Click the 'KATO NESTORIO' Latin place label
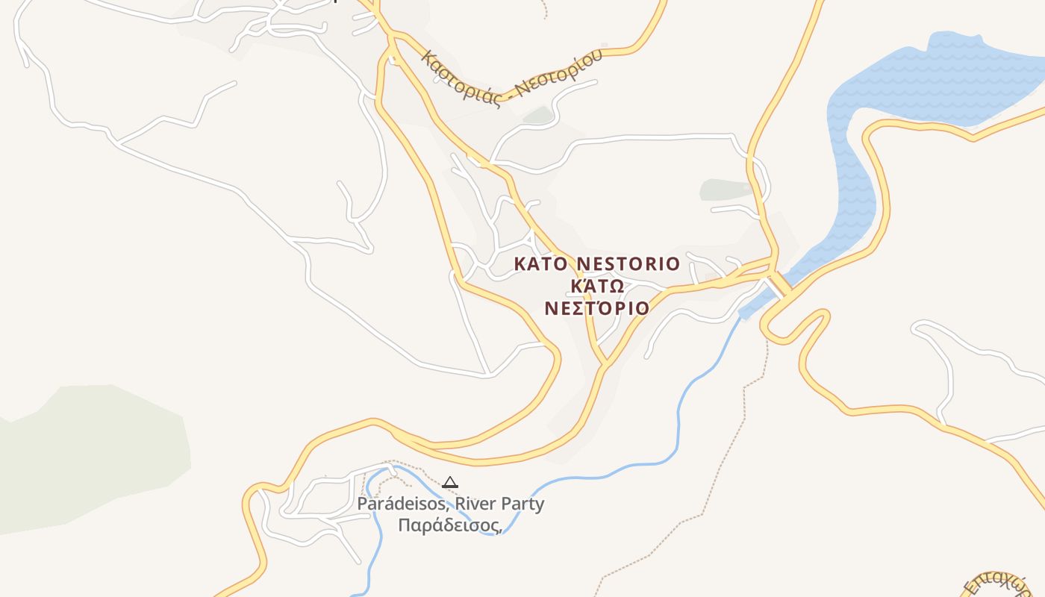click(x=597, y=264)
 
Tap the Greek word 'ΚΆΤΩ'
click(x=596, y=287)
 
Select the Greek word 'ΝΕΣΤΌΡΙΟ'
click(x=596, y=308)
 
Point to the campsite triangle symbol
click(x=449, y=483)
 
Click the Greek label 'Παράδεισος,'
click(x=449, y=525)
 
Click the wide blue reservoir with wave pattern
click(x=940, y=82)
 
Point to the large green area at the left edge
click(x=90, y=455)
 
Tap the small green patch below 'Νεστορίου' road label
click(x=537, y=115)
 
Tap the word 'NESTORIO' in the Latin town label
click(x=628, y=264)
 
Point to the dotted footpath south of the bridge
click(x=739, y=418)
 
